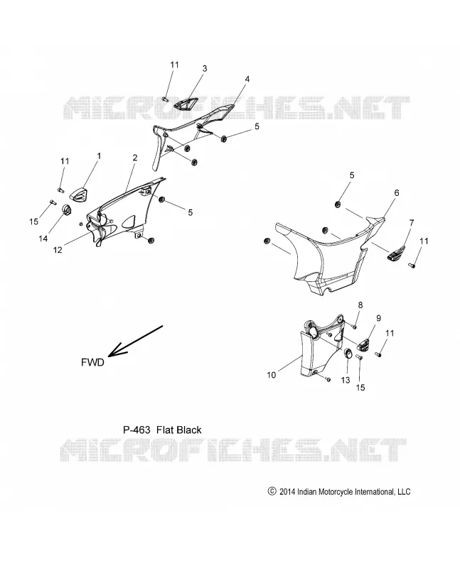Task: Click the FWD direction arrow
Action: pyautogui.click(x=135, y=341)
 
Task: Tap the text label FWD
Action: pyautogui.click(x=92, y=362)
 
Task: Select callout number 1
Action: pyautogui.click(x=99, y=155)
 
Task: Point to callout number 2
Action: pyautogui.click(x=135, y=158)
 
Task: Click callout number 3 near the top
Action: pyautogui.click(x=205, y=68)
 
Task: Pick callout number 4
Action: pyautogui.click(x=247, y=79)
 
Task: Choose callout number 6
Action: pyautogui.click(x=397, y=192)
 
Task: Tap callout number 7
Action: pyautogui.click(x=412, y=223)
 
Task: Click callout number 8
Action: pyautogui.click(x=360, y=305)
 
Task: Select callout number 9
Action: pyautogui.click(x=378, y=318)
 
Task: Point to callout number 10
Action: pyautogui.click(x=272, y=375)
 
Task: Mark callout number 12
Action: pyautogui.click(x=58, y=250)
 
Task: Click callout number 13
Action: pyautogui.click(x=346, y=380)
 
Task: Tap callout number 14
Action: pyautogui.click(x=43, y=239)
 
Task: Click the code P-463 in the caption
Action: pyautogui.click(x=137, y=430)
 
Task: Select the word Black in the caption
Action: pyautogui.click(x=188, y=430)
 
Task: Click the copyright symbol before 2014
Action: pyautogui.click(x=272, y=491)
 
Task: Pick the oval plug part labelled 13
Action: pyautogui.click(x=347, y=352)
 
